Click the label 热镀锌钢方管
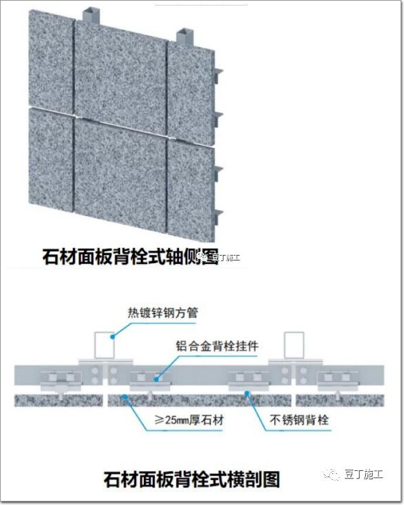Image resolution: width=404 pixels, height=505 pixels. pos(162,313)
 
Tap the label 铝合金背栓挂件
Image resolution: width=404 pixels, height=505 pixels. pos(217,346)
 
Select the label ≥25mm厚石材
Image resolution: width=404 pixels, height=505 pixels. pos(189,420)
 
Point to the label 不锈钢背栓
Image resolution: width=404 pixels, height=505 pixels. pos(299,420)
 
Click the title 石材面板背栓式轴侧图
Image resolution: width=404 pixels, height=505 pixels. pos(131,256)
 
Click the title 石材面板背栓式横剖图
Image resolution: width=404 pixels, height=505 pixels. pos(192,479)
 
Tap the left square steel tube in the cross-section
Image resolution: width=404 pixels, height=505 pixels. pos(104,345)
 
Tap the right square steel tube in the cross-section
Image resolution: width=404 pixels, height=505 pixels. pos(294,345)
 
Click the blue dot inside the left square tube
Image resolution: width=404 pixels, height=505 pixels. pos(112,337)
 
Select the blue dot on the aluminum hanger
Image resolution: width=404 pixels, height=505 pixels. pos(156,379)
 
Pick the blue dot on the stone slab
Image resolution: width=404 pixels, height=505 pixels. pos(124,397)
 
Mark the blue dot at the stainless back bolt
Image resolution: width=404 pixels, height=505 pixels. pos(247,392)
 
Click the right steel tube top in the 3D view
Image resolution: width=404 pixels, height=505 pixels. pos(184,32)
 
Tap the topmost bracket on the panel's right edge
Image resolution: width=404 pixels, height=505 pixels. pos(218,75)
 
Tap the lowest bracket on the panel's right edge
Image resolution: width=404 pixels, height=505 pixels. pos(218,217)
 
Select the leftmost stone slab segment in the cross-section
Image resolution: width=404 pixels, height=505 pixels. pos(58,400)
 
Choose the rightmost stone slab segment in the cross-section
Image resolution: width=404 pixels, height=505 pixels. pos(340,400)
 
